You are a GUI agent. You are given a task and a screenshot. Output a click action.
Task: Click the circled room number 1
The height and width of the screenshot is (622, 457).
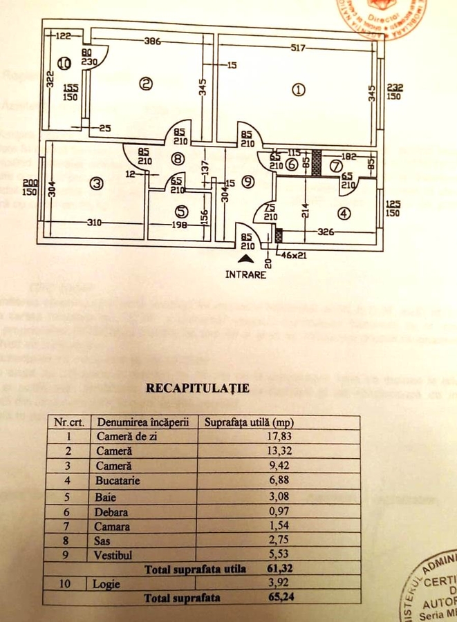tap(298, 89)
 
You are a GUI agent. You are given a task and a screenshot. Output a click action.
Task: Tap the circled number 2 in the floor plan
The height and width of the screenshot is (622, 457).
tap(145, 84)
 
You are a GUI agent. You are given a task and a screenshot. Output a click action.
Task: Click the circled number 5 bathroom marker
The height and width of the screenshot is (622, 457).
tap(180, 211)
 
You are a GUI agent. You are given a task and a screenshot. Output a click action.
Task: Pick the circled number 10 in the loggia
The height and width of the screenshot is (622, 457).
tap(64, 64)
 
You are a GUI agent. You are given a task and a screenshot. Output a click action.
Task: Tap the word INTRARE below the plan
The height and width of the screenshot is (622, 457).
tap(245, 274)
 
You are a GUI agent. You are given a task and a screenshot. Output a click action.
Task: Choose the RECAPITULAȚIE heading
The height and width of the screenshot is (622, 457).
tap(197, 388)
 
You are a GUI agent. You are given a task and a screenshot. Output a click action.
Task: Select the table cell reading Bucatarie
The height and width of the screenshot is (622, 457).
tap(117, 480)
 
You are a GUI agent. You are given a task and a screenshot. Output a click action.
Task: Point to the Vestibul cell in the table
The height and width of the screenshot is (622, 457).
tap(113, 555)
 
